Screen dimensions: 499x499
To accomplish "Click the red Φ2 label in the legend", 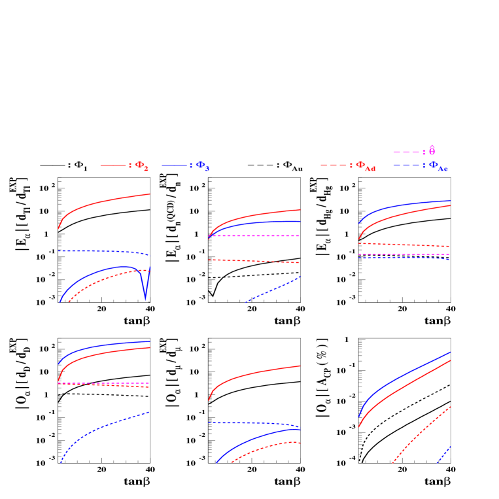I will click(x=142, y=166).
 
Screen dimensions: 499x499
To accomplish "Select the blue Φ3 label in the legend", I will click(x=203, y=166).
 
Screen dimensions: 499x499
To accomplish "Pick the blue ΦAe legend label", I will click(x=438, y=167).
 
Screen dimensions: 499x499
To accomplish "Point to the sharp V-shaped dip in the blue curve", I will click(x=145, y=298).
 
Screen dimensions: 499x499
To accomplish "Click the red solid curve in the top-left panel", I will click(x=105, y=201).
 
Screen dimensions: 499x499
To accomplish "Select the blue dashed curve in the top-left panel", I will click(x=98, y=250).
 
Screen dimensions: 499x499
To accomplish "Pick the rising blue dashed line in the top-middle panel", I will click(x=275, y=288).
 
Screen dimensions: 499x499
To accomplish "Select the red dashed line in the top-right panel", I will click(x=405, y=245).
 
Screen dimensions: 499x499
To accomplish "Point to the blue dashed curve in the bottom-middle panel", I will click(x=255, y=423).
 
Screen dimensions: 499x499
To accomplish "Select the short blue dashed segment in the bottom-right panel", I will click(x=445, y=454).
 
